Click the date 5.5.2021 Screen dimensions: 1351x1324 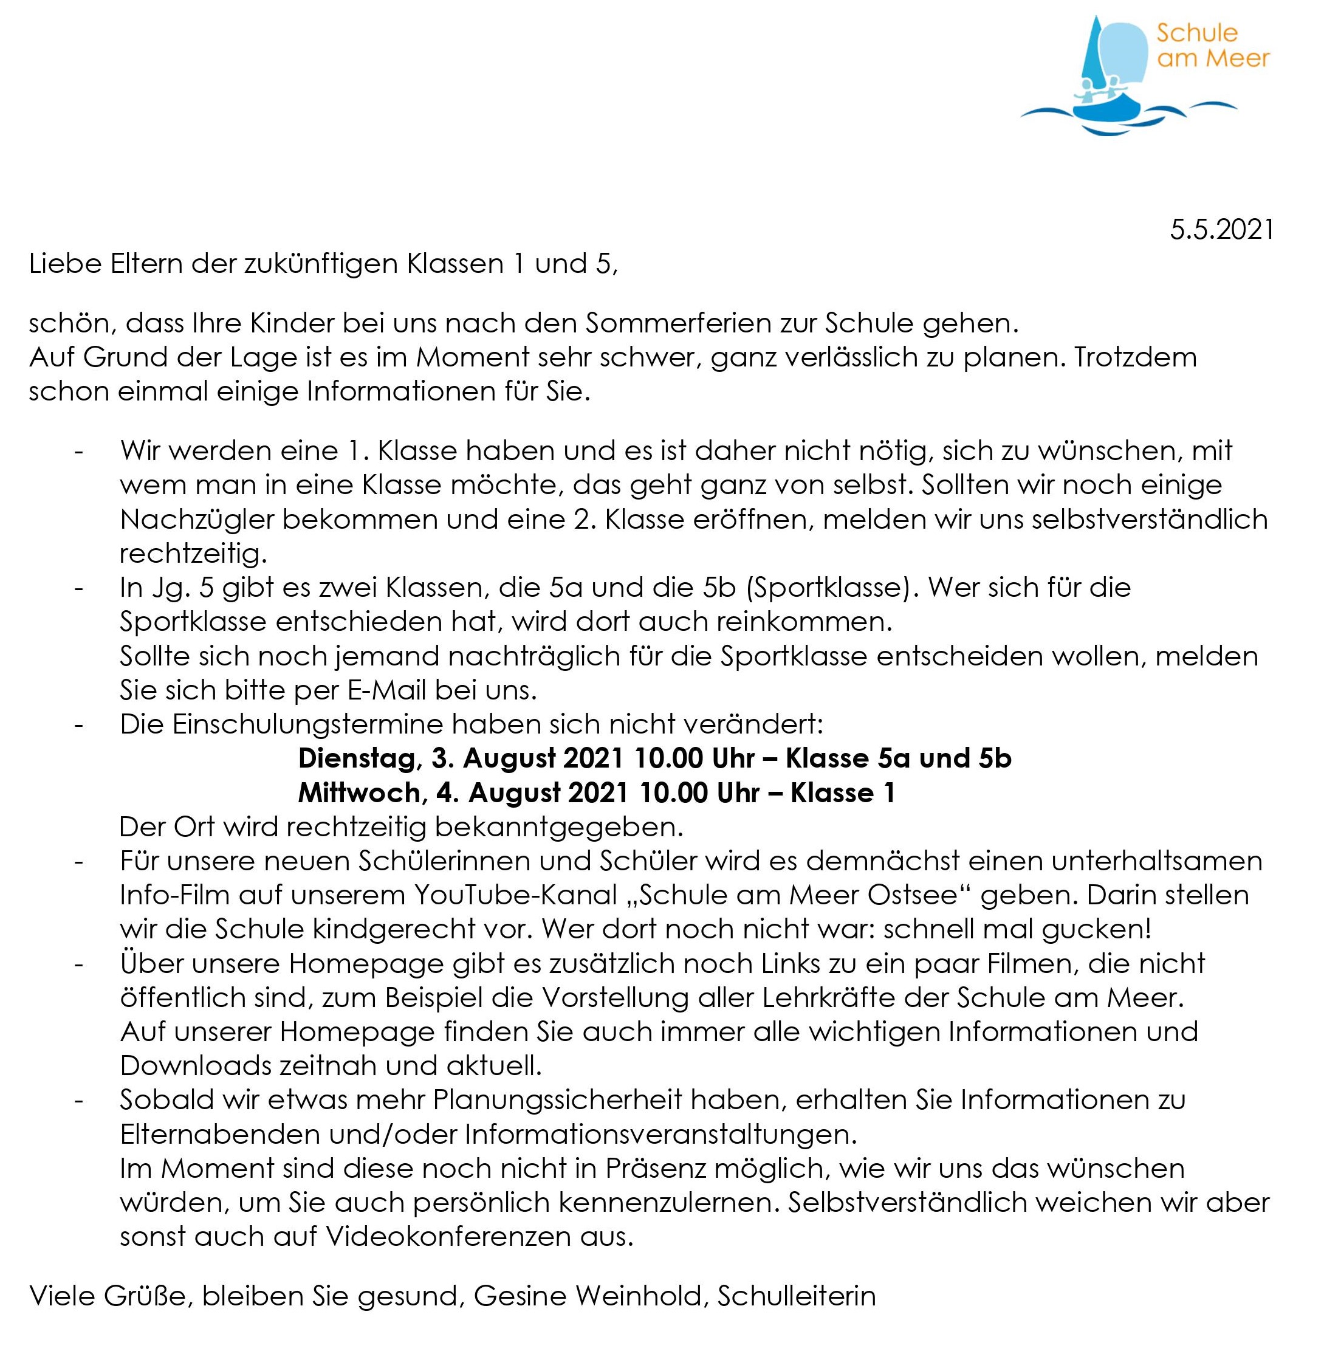pos(1221,230)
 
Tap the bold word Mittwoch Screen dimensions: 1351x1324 pos(360,793)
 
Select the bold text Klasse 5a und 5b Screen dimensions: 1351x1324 pos(899,758)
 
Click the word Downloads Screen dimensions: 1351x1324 pos(196,1067)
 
